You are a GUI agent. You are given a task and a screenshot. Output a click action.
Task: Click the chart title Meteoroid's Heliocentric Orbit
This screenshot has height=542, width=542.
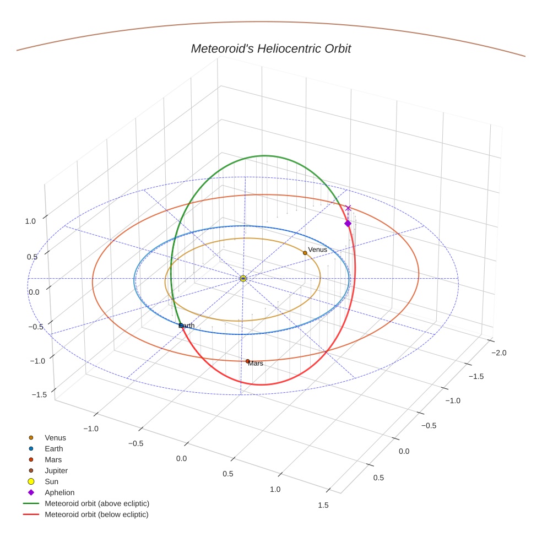pos(270,48)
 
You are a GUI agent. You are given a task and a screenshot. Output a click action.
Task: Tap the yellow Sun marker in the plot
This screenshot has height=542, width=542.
pos(243,279)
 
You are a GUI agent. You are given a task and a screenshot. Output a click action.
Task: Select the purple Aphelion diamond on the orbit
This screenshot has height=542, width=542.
pos(348,223)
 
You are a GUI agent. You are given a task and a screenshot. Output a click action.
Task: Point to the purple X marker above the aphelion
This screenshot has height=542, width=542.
pos(348,208)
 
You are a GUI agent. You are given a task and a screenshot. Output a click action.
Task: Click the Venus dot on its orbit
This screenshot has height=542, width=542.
pos(305,253)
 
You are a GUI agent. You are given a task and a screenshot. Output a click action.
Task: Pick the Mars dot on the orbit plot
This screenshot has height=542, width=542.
pos(247,361)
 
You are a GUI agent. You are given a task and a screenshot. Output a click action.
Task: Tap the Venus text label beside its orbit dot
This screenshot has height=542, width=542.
pos(317,250)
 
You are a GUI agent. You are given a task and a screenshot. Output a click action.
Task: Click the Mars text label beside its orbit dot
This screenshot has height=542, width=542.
pos(256,364)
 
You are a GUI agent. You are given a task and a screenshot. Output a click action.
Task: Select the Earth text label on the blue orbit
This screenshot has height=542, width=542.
pos(187,326)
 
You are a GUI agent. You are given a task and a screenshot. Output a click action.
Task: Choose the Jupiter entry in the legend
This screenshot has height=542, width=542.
pos(56,470)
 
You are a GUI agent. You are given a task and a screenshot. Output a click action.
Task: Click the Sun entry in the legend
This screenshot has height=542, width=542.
pos(51,481)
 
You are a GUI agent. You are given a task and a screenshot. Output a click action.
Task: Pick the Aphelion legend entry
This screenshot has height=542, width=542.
pos(59,492)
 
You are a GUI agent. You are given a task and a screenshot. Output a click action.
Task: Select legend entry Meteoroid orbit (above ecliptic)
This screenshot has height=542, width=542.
pos(97,503)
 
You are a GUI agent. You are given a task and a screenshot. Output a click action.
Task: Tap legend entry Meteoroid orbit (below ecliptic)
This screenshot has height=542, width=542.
pos(96,514)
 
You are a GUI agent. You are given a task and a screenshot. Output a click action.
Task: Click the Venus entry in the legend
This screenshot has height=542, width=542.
pos(55,437)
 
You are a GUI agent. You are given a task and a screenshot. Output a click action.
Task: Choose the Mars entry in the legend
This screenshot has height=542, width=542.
pos(53,459)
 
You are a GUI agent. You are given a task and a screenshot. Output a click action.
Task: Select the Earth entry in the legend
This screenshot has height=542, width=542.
pos(54,448)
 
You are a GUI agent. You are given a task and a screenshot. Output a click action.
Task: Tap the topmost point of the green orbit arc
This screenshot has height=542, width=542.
pos(265,156)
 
